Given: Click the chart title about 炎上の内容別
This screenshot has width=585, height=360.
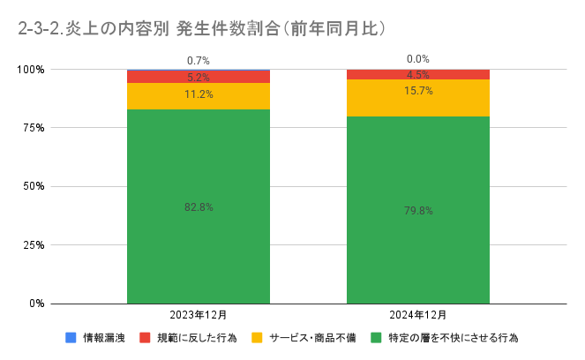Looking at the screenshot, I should pyautogui.click(x=202, y=28).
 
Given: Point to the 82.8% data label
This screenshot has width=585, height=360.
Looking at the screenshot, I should pyautogui.click(x=199, y=206).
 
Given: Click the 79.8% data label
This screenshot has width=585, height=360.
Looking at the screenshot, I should pyautogui.click(x=418, y=211).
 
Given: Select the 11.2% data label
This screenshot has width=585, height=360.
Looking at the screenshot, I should pyautogui.click(x=199, y=94).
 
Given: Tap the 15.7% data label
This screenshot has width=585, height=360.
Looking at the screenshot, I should pyautogui.click(x=418, y=91).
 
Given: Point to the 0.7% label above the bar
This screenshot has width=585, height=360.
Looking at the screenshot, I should pyautogui.click(x=199, y=61).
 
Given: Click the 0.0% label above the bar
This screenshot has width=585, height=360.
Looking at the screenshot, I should pyautogui.click(x=418, y=59).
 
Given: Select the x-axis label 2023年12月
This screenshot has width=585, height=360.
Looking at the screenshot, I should pyautogui.click(x=199, y=314).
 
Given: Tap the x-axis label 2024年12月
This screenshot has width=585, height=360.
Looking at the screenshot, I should pyautogui.click(x=418, y=314).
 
